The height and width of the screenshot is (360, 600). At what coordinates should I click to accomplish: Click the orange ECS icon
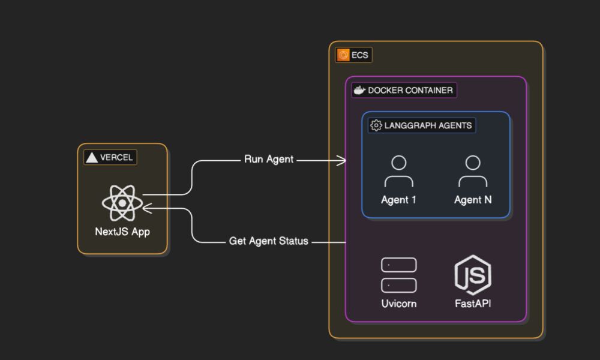coord(343,55)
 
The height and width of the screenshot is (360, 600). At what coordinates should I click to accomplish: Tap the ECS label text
coord(359,55)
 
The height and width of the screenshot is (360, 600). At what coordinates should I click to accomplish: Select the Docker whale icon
coord(359,90)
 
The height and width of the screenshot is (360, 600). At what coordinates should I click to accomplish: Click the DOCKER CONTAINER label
coord(410,90)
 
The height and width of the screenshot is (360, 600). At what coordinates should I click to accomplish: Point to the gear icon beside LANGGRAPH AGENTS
coord(376,125)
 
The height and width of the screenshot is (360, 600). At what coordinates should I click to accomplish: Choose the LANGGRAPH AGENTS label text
coord(428,125)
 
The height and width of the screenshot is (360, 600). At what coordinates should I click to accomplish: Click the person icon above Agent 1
coord(399,172)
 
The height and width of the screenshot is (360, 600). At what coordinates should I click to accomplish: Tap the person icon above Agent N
coord(473,172)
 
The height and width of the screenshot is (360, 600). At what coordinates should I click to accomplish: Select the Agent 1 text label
coord(398,200)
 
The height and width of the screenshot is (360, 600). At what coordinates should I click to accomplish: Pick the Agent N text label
coord(473,200)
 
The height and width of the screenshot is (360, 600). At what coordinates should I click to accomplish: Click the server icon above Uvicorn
coord(399,275)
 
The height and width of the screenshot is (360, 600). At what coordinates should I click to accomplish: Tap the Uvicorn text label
coord(399,304)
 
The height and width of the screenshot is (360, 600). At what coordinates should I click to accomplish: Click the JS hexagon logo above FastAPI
coord(473,275)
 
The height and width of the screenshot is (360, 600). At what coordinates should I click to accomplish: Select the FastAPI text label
coord(473,304)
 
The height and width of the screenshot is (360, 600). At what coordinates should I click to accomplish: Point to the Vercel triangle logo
coord(92,158)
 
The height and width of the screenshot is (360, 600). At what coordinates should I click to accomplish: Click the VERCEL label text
coord(116,158)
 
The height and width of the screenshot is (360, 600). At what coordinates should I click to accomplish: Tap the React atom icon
coord(122,203)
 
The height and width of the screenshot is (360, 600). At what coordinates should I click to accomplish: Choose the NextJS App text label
coord(122,232)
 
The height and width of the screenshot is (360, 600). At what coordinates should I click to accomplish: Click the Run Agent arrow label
coord(269,160)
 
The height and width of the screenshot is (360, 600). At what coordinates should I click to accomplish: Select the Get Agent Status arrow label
coord(269,241)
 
